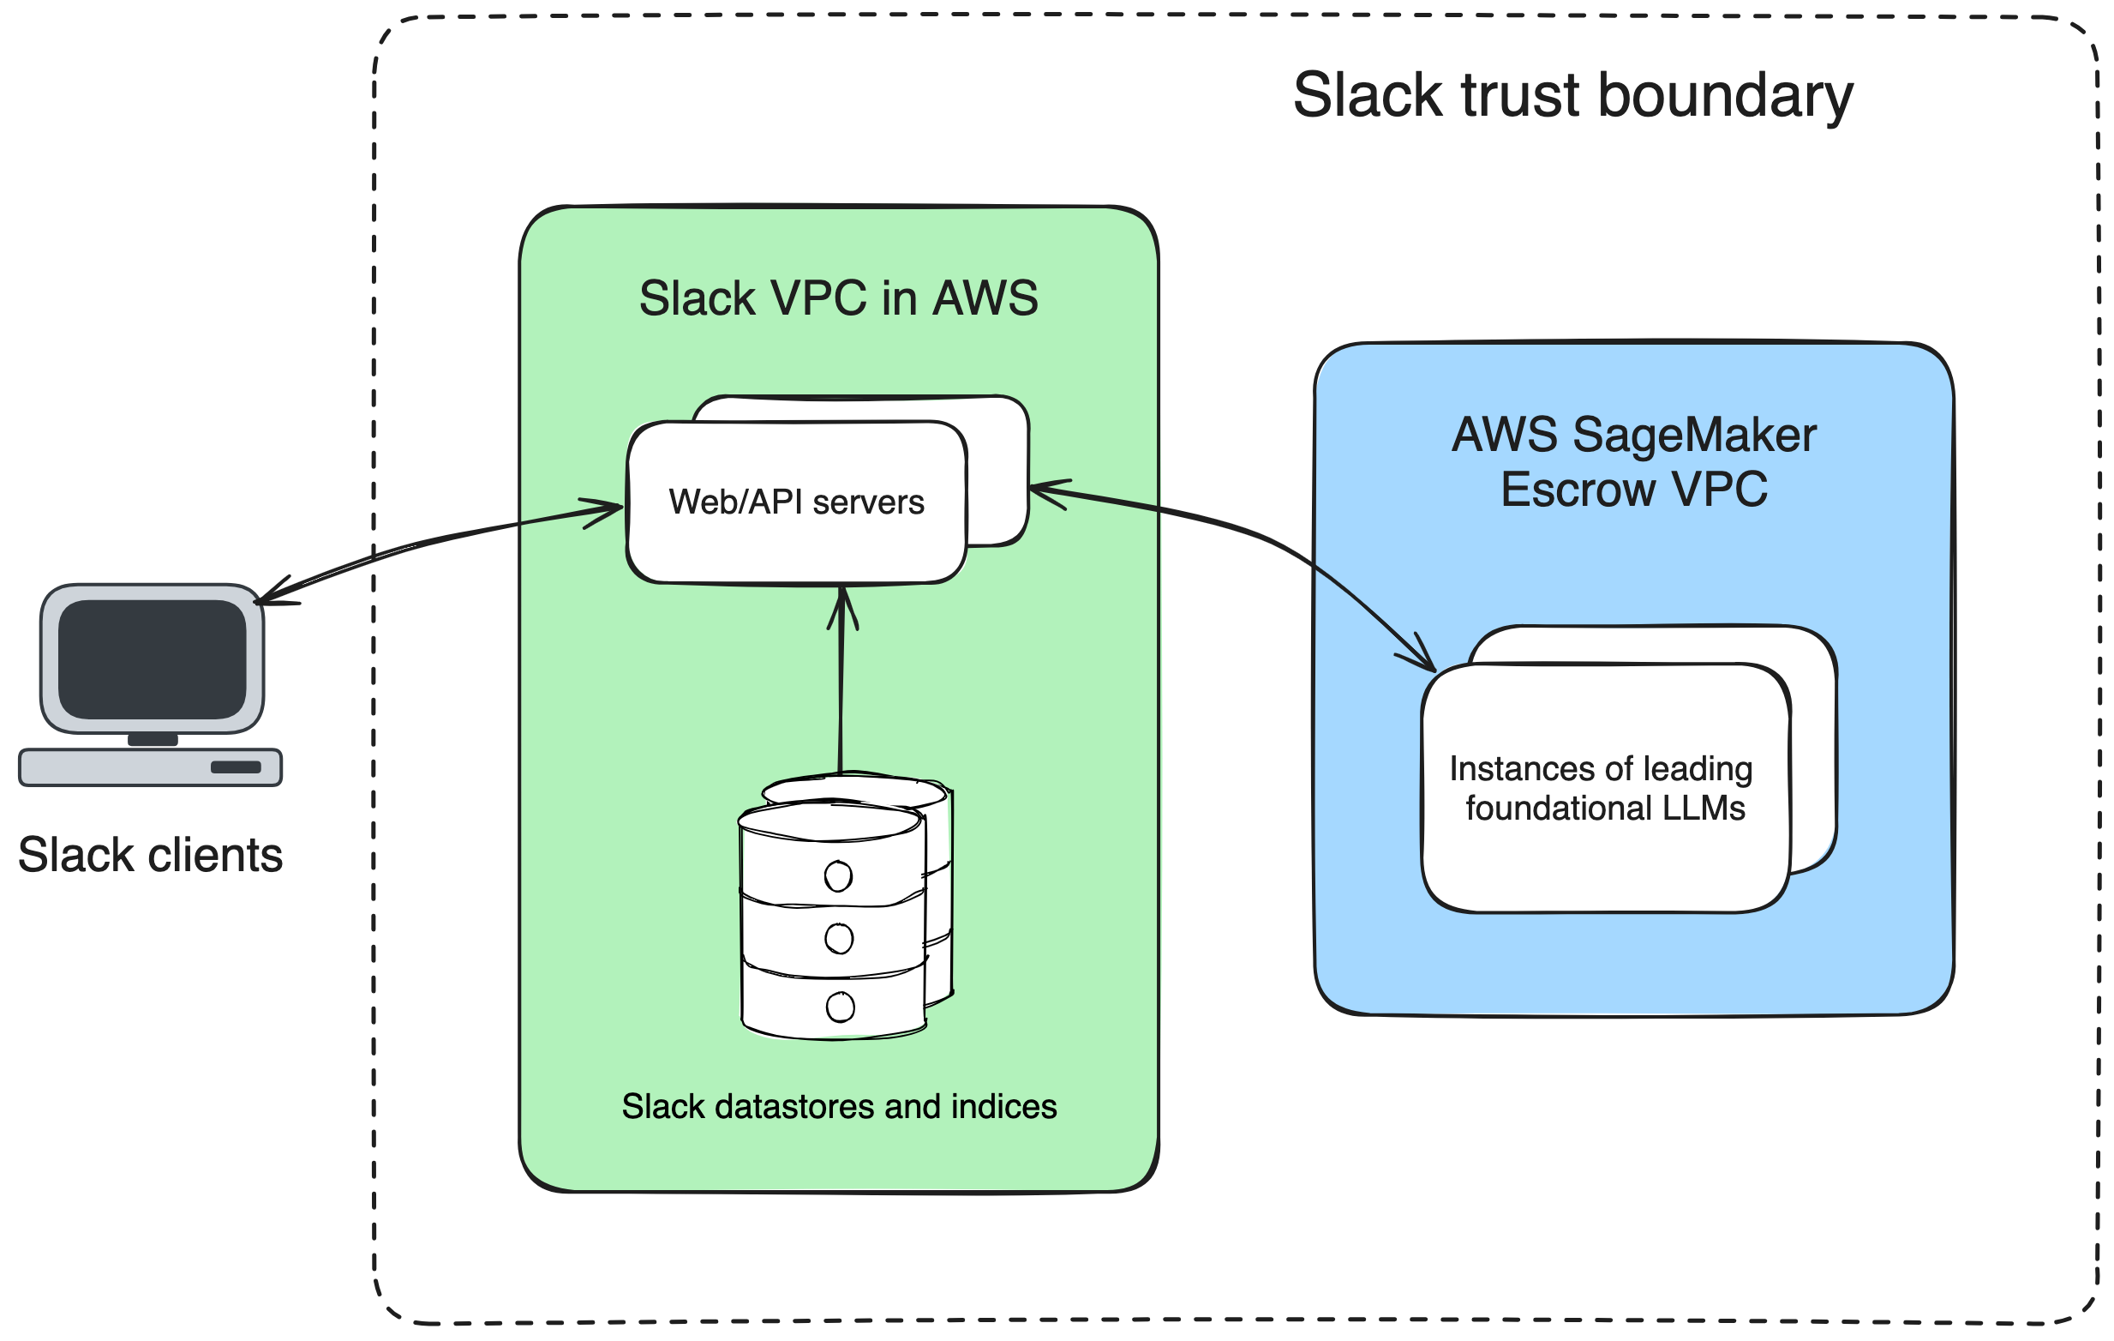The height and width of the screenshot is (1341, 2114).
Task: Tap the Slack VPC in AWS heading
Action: tap(838, 298)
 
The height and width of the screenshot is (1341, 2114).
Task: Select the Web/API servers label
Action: tap(796, 502)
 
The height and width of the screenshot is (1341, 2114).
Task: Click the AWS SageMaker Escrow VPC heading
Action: tap(1634, 462)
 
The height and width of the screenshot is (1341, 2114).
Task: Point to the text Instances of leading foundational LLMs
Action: tap(1602, 789)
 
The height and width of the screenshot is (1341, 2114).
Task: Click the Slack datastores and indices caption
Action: tap(838, 1107)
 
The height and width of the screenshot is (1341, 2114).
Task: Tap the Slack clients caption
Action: tap(150, 856)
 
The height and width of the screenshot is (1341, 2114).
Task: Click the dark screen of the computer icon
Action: tap(152, 658)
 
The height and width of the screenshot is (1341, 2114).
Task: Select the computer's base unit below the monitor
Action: tap(150, 767)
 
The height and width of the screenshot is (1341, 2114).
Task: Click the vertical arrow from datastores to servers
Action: tap(841, 685)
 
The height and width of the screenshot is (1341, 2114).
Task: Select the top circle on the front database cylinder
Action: tap(837, 875)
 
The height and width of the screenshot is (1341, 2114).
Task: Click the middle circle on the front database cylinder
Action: tap(838, 939)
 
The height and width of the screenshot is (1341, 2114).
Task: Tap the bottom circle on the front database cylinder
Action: tap(840, 1007)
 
